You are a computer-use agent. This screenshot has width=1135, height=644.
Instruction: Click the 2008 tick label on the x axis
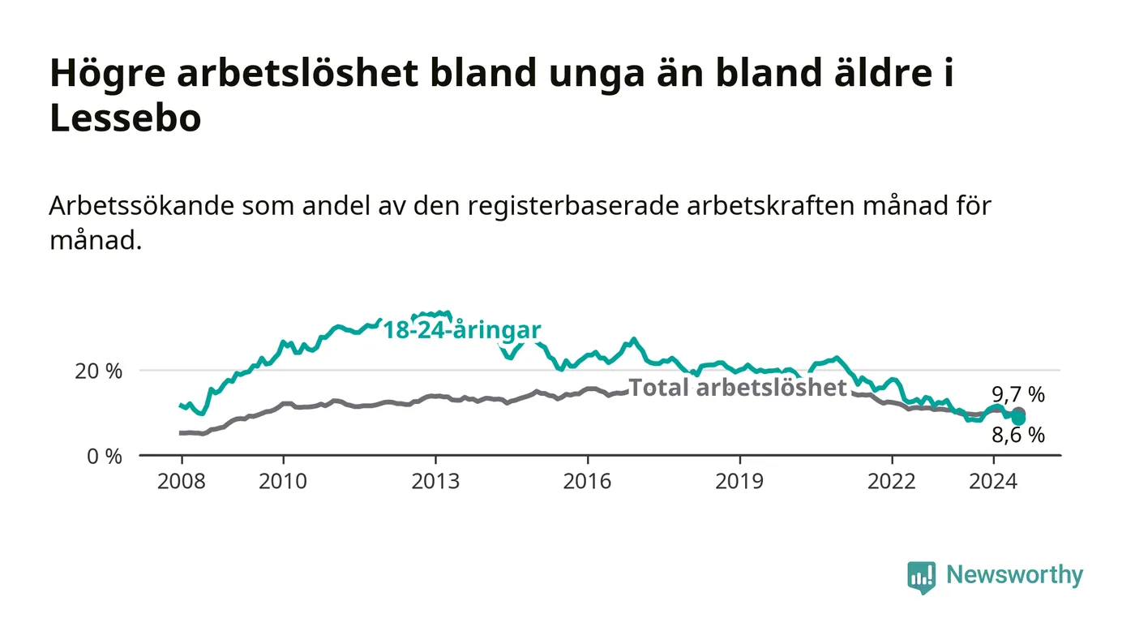tap(182, 481)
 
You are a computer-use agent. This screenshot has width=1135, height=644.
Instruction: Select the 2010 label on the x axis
tap(283, 481)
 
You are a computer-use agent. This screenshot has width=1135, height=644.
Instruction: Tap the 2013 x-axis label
tap(435, 481)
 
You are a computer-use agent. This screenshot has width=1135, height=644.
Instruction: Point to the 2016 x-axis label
tap(587, 481)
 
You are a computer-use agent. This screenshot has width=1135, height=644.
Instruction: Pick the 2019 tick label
tap(739, 481)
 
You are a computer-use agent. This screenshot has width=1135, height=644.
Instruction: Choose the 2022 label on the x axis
tap(892, 481)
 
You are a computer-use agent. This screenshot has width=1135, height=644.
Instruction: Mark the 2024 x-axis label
tap(993, 481)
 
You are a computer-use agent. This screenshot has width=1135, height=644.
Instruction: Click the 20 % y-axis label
tap(99, 371)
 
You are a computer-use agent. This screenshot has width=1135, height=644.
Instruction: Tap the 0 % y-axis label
tap(105, 457)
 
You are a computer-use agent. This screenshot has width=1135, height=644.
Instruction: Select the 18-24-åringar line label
tap(462, 330)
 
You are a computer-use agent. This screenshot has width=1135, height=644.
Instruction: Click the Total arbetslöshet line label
tap(738, 388)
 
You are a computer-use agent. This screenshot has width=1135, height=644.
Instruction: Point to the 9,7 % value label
tap(1018, 394)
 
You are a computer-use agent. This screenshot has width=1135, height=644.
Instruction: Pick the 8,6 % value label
tap(1018, 435)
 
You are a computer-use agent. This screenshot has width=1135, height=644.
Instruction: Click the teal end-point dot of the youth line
tap(1018, 419)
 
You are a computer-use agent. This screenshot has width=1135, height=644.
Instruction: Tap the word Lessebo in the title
tap(126, 118)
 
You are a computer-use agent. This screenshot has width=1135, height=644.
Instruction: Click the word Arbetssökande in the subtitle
tap(142, 206)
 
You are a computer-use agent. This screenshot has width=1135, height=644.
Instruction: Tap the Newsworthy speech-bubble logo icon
tap(921, 577)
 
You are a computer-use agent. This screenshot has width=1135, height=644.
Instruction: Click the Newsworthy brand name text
tap(1014, 575)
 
